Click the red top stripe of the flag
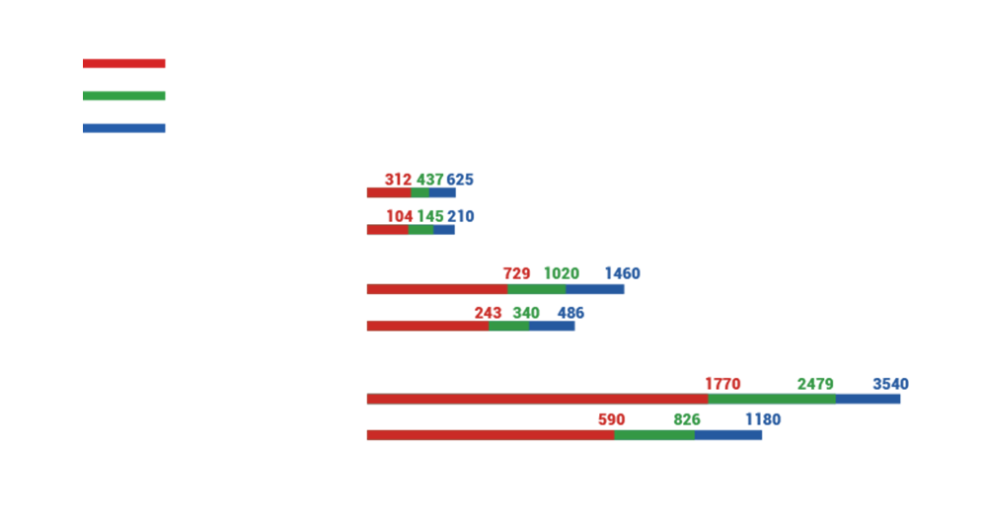[128, 66]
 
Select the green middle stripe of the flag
[128, 96]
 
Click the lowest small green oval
[678, 418]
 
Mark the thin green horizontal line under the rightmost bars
[770, 395]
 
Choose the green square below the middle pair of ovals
[507, 340]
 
